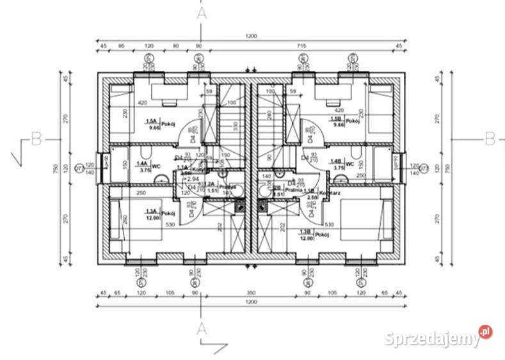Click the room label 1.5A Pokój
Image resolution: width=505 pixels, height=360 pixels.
pyautogui.click(x=159, y=123)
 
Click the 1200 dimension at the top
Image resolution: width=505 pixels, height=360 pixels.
pyautogui.click(x=250, y=36)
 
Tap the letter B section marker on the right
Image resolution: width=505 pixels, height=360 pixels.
pyautogui.click(x=490, y=137)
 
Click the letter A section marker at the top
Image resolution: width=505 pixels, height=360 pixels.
pyautogui.click(x=202, y=12)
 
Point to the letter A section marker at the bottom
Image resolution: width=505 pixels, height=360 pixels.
pyautogui.click(x=202, y=329)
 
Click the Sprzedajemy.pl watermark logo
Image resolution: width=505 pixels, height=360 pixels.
pyautogui.click(x=439, y=337)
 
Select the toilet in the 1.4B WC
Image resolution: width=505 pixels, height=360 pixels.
pyautogui.click(x=356, y=153)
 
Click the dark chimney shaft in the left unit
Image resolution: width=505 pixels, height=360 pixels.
pyautogui.click(x=240, y=206)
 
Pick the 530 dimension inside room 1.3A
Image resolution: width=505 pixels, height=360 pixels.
pyautogui.click(x=169, y=224)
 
